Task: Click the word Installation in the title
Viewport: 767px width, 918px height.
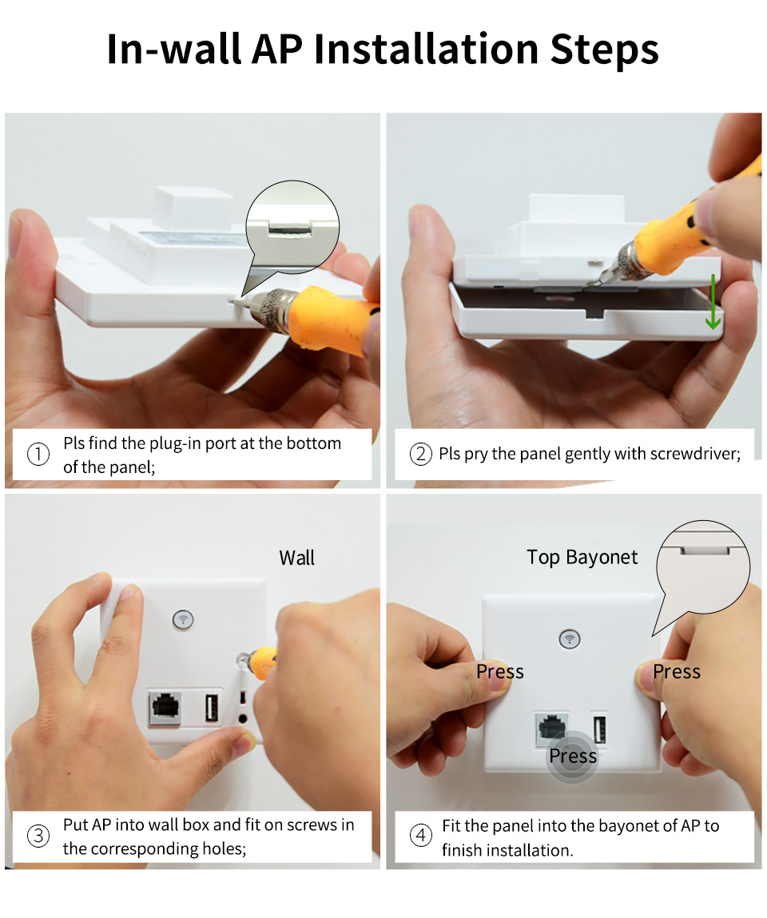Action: (426, 49)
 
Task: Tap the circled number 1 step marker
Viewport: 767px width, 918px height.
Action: (38, 455)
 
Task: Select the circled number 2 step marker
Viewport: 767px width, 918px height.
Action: (420, 454)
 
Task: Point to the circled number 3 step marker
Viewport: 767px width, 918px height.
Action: (38, 836)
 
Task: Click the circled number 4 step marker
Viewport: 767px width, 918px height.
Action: (420, 836)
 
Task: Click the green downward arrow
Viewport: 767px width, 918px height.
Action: (713, 301)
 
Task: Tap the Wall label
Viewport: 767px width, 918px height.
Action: (296, 558)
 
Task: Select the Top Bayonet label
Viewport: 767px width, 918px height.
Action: (582, 558)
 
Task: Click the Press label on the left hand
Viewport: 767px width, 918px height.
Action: (500, 671)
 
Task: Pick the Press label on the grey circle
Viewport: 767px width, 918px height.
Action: (573, 756)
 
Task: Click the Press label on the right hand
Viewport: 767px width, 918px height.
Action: (676, 671)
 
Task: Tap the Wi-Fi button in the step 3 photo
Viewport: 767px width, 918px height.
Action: (183, 619)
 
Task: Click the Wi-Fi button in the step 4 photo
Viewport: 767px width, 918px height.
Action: (570, 638)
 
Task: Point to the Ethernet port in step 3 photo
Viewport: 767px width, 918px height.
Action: (165, 708)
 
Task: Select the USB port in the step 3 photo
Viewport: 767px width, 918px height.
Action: (212, 706)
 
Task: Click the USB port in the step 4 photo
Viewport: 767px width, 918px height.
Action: (599, 731)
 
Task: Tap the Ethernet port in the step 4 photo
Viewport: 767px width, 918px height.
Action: (551, 729)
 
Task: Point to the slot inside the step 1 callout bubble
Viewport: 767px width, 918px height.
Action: (290, 228)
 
